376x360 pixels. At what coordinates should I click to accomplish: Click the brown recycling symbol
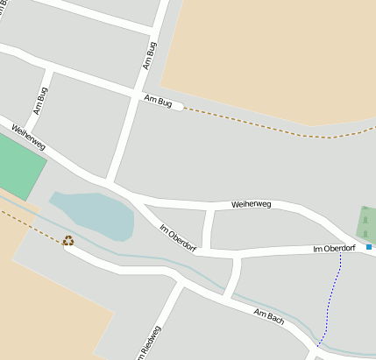coord(68,241)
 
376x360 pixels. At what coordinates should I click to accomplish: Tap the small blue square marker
coord(369,247)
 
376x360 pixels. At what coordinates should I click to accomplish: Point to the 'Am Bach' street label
coord(269,317)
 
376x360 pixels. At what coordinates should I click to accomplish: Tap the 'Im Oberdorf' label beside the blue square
coord(334,250)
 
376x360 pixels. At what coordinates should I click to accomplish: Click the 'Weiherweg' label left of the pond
coord(29,137)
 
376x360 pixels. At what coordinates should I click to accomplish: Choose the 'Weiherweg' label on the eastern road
coord(252,204)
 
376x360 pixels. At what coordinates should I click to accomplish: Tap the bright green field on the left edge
coord(18,166)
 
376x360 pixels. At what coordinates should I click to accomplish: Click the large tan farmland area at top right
coord(272,53)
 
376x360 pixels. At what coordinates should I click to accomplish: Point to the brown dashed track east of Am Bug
coord(272,128)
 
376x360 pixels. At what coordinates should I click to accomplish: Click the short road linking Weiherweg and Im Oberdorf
coord(208,229)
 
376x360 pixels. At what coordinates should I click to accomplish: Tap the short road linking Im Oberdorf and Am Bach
coord(232,278)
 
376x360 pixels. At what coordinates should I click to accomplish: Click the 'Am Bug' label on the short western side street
coord(39,102)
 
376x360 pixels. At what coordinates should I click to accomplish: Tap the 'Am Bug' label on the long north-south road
coord(149,55)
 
